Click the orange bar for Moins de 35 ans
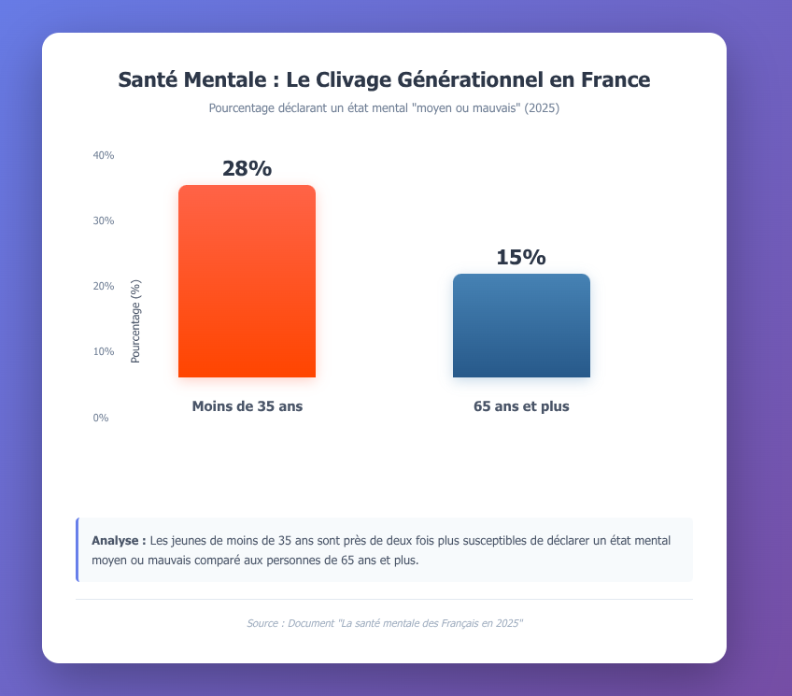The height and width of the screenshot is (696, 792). pyautogui.click(x=247, y=281)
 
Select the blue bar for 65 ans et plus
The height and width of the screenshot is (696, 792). pyautogui.click(x=521, y=326)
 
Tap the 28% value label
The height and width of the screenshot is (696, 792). pyautogui.click(x=247, y=169)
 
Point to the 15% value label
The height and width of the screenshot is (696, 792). pyautogui.click(x=521, y=258)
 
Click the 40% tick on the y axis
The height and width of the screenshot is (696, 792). pyautogui.click(x=103, y=155)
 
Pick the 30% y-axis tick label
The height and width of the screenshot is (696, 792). pyautogui.click(x=103, y=220)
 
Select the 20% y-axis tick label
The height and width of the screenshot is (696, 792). pyautogui.click(x=103, y=286)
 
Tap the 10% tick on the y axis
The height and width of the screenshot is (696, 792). pyautogui.click(x=103, y=351)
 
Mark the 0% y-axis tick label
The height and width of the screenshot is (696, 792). pyautogui.click(x=101, y=418)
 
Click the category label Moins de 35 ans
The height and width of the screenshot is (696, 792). pyautogui.click(x=247, y=406)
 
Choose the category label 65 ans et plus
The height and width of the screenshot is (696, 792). pyautogui.click(x=521, y=406)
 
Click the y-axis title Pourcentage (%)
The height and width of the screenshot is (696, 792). pyautogui.click(x=135, y=321)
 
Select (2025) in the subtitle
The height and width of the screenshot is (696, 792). pyautogui.click(x=542, y=108)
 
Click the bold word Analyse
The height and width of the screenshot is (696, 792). pyautogui.click(x=119, y=541)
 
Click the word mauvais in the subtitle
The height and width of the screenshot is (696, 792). pyautogui.click(x=492, y=108)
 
